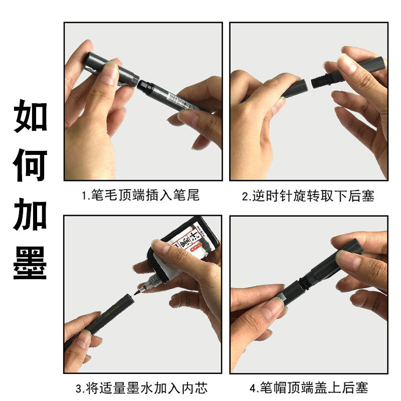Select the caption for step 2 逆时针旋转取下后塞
click(x=308, y=195)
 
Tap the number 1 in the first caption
click(x=84, y=195)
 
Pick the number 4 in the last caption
click(x=252, y=387)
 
